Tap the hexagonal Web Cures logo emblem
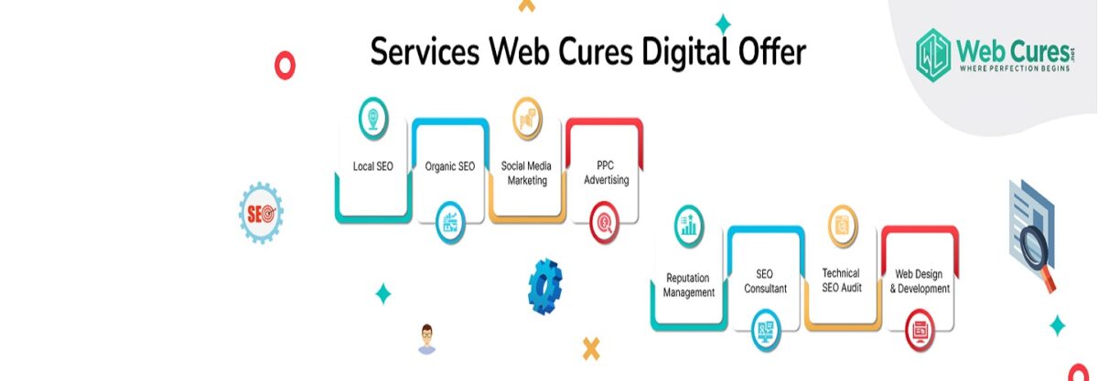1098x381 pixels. tap(933, 55)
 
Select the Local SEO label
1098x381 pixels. tap(373, 166)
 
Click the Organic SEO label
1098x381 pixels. tap(450, 166)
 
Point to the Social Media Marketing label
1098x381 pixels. tap(526, 174)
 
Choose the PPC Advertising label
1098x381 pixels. tap(607, 173)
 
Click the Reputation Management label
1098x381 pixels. tap(689, 285)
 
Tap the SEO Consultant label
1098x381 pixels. tap(765, 281)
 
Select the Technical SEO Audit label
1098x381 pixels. tap(842, 280)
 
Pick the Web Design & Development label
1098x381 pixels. tap(920, 281)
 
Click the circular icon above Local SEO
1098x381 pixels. tap(373, 119)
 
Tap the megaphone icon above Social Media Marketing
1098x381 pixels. tap(527, 119)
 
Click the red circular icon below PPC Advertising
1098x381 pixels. tap(605, 223)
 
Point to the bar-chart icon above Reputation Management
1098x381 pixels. tap(689, 226)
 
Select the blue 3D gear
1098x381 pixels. tap(545, 287)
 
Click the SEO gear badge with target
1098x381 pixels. tap(261, 213)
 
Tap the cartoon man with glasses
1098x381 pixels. tap(427, 338)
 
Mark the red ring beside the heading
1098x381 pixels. tap(285, 65)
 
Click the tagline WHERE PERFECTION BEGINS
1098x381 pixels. tap(1014, 69)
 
